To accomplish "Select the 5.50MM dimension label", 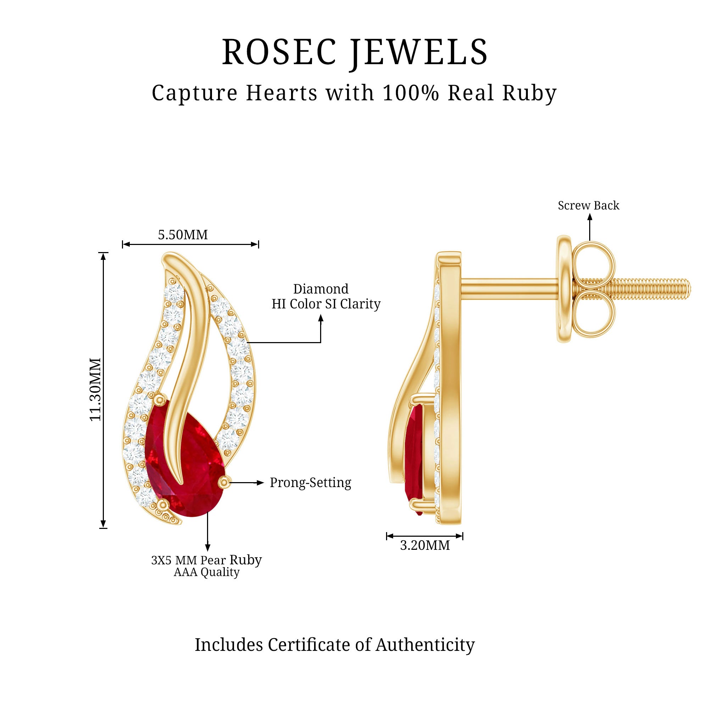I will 183,235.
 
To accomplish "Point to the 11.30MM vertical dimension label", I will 95,389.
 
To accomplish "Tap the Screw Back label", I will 588,206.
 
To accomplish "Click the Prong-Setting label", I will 311,482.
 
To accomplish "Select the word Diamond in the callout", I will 321,289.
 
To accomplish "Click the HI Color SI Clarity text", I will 326,304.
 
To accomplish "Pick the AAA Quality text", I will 207,572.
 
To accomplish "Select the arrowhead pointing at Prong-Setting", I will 261,482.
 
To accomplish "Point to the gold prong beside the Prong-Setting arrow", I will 225,482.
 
